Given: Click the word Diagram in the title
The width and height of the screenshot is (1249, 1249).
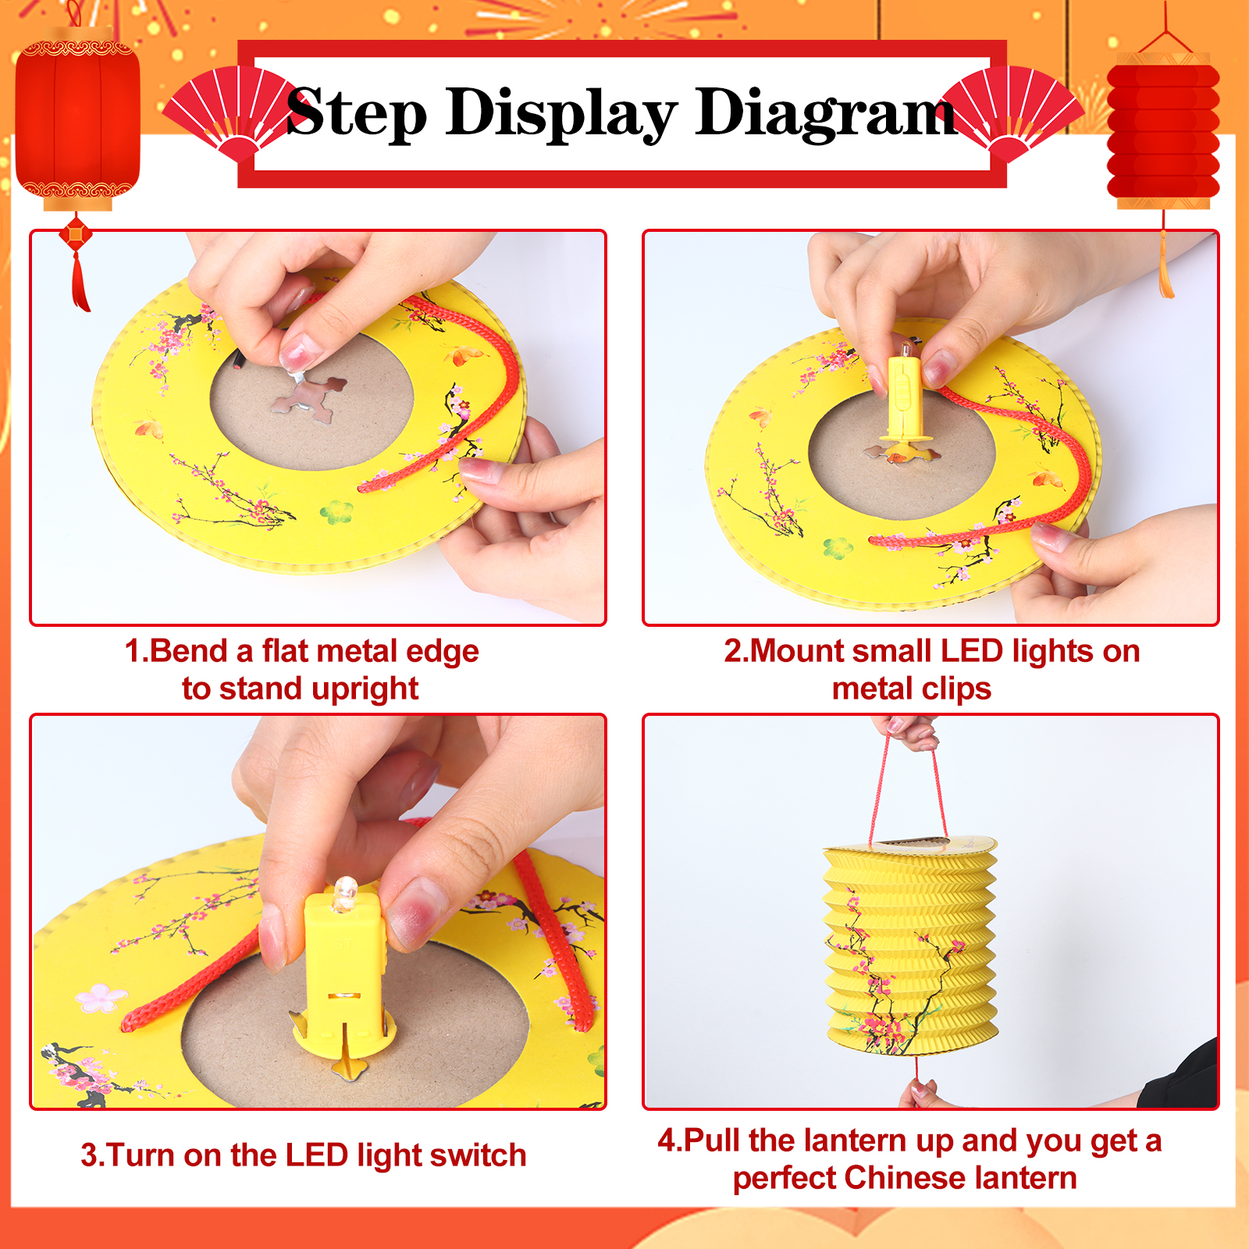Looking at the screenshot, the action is [x=826, y=114].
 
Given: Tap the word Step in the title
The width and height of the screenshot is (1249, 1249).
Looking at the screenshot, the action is [x=357, y=114].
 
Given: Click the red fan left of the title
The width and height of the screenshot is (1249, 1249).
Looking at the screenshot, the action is [x=231, y=113].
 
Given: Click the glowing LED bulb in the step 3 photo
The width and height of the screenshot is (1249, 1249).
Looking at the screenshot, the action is [x=345, y=893].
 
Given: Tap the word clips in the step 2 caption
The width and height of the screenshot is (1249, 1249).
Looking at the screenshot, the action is [x=955, y=690].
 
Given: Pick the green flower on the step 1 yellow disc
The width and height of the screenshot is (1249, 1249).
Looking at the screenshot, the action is [x=336, y=512].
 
